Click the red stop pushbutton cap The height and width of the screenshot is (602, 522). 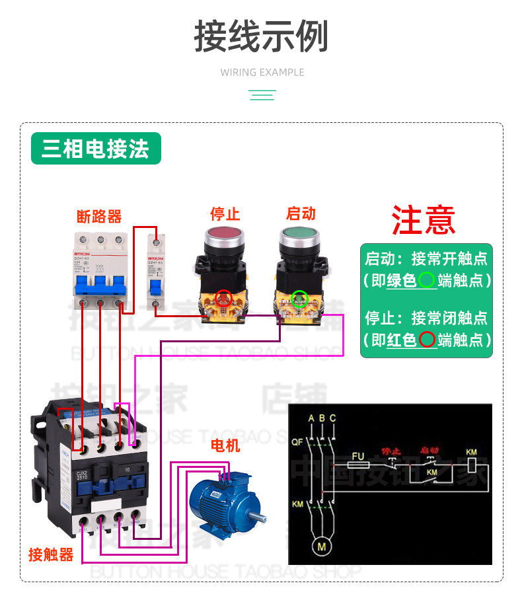225,235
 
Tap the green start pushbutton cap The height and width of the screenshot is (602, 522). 301,235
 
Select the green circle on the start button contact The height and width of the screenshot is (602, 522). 300,298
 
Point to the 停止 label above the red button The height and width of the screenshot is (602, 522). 225,213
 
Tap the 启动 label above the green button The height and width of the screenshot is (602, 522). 301,213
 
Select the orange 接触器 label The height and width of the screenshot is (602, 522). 51,554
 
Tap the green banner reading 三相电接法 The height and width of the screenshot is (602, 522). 96,149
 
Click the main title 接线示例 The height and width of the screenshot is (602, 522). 261,36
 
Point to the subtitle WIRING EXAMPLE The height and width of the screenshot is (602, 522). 262,72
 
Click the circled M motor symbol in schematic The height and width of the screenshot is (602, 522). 322,546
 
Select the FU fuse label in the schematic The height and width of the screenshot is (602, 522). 357,456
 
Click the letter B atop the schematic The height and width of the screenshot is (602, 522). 322,418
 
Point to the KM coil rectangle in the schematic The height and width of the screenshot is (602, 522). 471,465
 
